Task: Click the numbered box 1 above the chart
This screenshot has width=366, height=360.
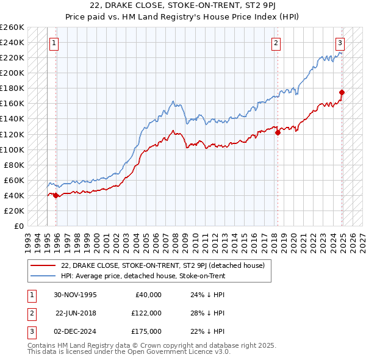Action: (x=54, y=43)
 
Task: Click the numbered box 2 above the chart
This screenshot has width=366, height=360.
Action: (x=276, y=43)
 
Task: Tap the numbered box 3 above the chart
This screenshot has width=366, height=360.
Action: (x=340, y=43)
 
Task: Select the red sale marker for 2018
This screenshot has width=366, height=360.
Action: (x=278, y=132)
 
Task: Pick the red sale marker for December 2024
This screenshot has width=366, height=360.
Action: (x=342, y=92)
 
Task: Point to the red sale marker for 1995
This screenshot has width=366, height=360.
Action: (x=56, y=195)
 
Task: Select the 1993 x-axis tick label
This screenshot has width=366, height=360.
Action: (x=28, y=238)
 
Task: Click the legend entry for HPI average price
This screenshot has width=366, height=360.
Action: (x=143, y=276)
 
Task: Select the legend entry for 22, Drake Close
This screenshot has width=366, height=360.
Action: (x=162, y=265)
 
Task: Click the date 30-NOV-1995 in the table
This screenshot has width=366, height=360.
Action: (x=75, y=295)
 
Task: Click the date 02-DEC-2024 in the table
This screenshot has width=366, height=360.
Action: (x=75, y=331)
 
